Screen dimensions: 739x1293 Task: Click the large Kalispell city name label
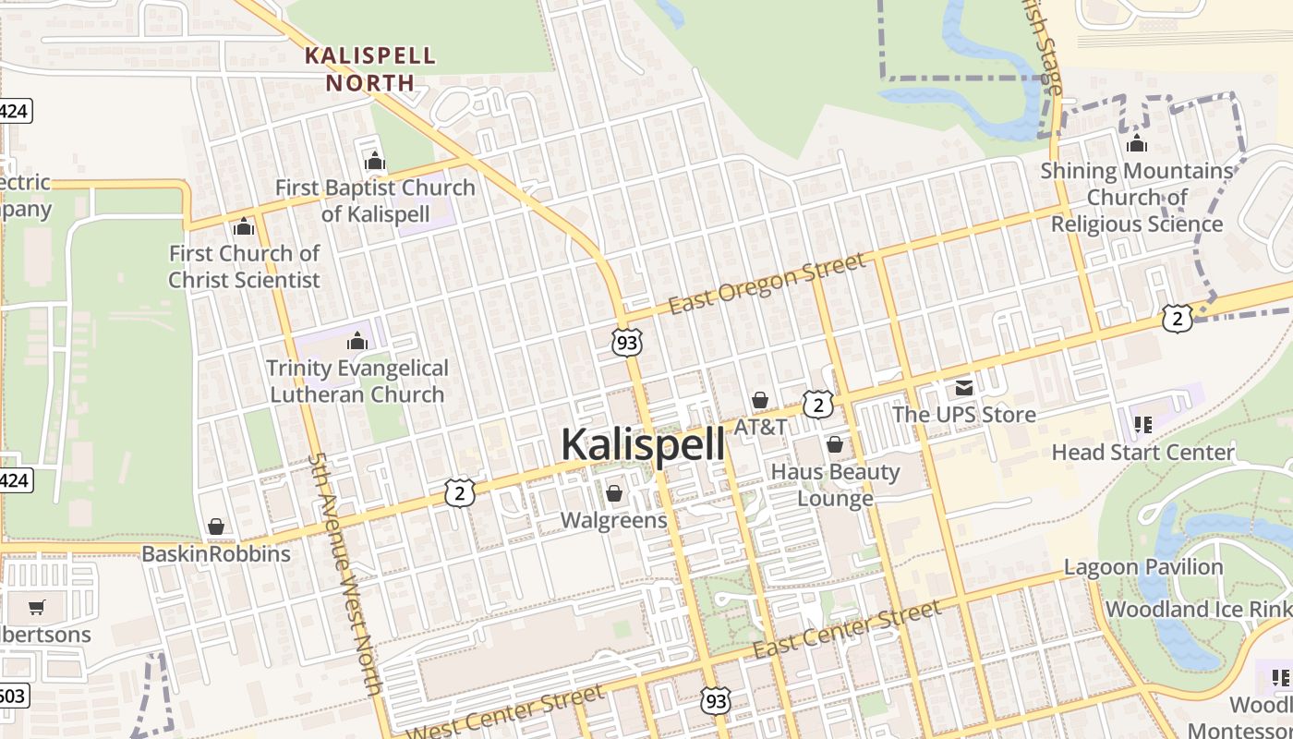[x=643, y=444]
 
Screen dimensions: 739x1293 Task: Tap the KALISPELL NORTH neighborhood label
[x=370, y=68]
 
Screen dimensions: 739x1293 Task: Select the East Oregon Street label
[x=767, y=283]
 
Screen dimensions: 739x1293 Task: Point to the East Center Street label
[x=847, y=628]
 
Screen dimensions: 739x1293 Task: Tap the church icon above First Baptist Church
[x=374, y=161]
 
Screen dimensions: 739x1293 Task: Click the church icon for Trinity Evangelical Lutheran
[x=357, y=341]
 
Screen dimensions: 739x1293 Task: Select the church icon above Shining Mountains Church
[x=1137, y=143]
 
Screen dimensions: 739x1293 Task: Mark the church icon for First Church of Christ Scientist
[x=244, y=226]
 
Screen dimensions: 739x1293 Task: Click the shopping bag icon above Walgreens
[x=614, y=494]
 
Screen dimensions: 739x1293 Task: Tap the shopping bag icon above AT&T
[x=760, y=400]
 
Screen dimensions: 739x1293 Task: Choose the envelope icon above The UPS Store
[x=964, y=388]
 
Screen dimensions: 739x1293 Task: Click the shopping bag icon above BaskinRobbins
[x=216, y=527]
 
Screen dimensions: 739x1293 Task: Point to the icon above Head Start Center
[x=1143, y=425]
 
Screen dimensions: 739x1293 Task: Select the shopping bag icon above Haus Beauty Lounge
[x=835, y=445]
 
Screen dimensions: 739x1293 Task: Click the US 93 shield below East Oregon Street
[x=626, y=343]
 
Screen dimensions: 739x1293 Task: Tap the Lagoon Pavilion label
[x=1143, y=567]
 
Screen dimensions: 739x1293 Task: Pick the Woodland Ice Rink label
[x=1198, y=610]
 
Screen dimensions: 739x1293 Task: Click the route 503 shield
[x=13, y=696]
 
